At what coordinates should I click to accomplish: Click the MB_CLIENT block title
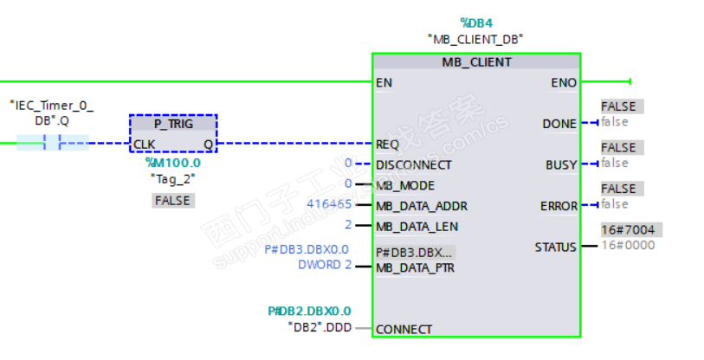pyautogui.click(x=476, y=62)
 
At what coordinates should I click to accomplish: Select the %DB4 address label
pyautogui.click(x=475, y=22)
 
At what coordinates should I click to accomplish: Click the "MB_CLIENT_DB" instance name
pyautogui.click(x=475, y=39)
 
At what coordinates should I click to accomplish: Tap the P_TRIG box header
pyautogui.click(x=172, y=124)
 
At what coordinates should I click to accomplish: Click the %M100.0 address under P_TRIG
pyautogui.click(x=172, y=162)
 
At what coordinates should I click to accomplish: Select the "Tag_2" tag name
pyautogui.click(x=172, y=178)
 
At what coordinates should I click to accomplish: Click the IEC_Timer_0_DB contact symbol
pyautogui.click(x=52, y=143)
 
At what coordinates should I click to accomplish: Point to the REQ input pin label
pyautogui.click(x=387, y=144)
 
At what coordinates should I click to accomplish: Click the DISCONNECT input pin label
pyautogui.click(x=414, y=164)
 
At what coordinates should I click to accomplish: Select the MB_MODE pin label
pyautogui.click(x=405, y=185)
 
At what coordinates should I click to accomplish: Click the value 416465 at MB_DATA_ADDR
pyautogui.click(x=330, y=205)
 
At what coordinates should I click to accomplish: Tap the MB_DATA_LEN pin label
pyautogui.click(x=417, y=227)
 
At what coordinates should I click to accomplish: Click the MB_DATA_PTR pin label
pyautogui.click(x=416, y=267)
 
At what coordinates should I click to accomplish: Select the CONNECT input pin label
pyautogui.click(x=404, y=329)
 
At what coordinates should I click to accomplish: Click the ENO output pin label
pyautogui.click(x=564, y=83)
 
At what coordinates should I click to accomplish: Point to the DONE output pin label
pyautogui.click(x=559, y=124)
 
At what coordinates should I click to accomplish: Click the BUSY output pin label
pyautogui.click(x=560, y=164)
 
